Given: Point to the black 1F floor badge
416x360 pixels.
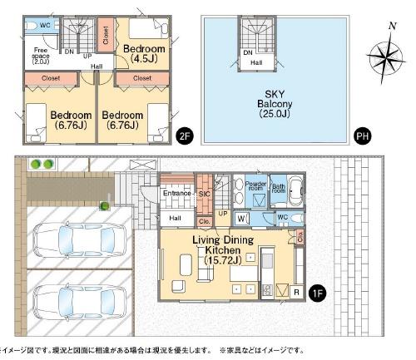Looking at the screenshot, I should click(316, 293).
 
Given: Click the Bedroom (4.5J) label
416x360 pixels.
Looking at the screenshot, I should click(144, 54).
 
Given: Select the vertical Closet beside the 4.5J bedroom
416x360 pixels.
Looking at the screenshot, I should click(105, 35).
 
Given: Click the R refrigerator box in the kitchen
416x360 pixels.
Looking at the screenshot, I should click(295, 290).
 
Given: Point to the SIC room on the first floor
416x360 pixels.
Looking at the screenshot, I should click(204, 194).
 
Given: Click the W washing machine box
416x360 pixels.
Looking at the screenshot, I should click(240, 219).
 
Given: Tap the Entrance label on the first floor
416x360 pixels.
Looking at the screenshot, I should click(177, 194).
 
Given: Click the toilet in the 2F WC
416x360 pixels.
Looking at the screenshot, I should click(32, 26).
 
